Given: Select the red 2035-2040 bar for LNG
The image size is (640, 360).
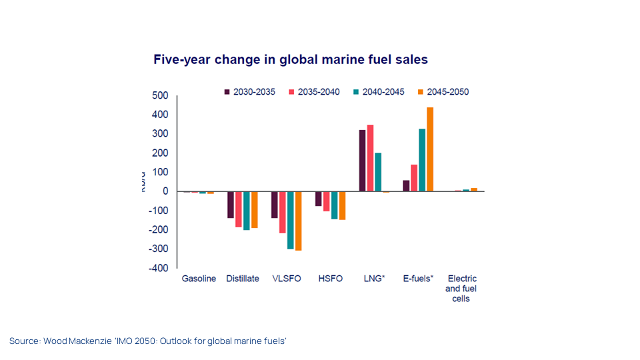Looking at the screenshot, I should [x=370, y=158].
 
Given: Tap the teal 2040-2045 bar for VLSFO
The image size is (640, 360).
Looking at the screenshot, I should [x=291, y=220].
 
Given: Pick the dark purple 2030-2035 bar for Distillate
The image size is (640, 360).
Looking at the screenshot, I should [x=231, y=205].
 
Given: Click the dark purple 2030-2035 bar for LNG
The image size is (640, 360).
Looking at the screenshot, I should [x=362, y=161].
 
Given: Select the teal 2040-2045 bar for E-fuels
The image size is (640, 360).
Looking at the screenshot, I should [x=422, y=160].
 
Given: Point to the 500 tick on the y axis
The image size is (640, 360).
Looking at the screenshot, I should [x=159, y=96].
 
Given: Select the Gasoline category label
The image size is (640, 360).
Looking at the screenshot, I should [x=199, y=279].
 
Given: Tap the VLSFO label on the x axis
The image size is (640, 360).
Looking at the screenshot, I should [x=287, y=279].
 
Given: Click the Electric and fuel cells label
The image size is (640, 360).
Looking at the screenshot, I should [x=461, y=289].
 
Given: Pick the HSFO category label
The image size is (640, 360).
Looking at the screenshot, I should [x=331, y=279].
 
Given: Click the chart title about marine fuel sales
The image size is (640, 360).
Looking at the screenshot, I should [x=291, y=59].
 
